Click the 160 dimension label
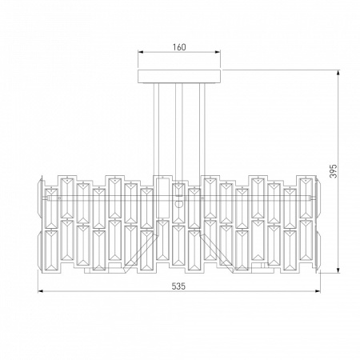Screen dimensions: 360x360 tap(179, 47)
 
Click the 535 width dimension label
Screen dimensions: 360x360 tap(178, 286)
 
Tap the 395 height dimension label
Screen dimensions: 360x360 tap(333, 171)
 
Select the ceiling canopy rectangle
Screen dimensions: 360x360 tap(179, 77)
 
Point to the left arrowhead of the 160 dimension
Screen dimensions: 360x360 tap(141, 52)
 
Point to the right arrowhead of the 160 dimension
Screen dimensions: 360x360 tap(218, 52)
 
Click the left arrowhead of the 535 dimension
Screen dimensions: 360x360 tap(41, 291)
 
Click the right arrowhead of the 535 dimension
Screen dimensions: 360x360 tap(318, 291)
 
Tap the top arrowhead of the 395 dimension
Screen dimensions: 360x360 tap(338, 73)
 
